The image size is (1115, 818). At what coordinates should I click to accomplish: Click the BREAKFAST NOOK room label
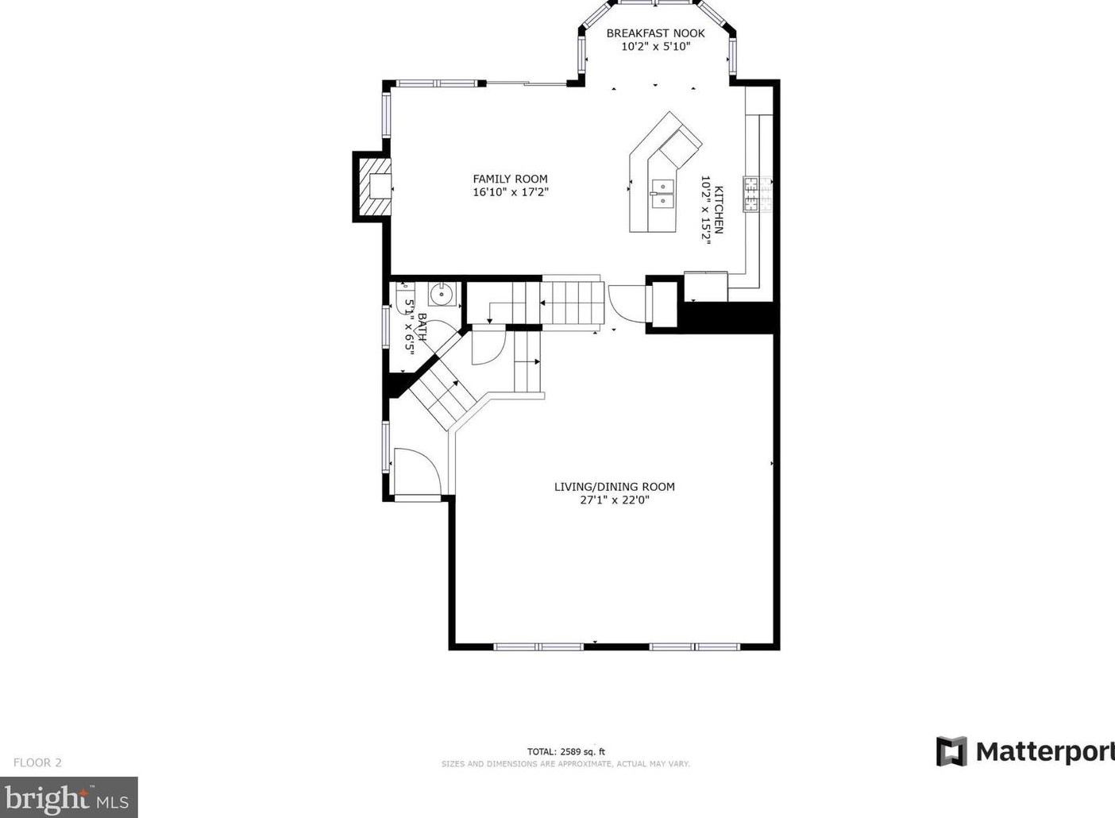pyautogui.click(x=655, y=33)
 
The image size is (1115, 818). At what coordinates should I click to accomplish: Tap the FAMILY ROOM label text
pyautogui.click(x=510, y=179)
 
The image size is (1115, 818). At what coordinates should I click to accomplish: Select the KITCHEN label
pyautogui.click(x=719, y=210)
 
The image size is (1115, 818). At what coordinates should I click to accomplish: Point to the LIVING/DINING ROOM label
pyautogui.click(x=615, y=486)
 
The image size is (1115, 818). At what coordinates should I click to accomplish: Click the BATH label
pyautogui.click(x=422, y=326)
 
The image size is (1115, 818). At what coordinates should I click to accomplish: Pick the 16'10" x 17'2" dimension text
pyautogui.click(x=511, y=192)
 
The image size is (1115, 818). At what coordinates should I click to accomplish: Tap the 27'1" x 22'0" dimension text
pyautogui.click(x=615, y=500)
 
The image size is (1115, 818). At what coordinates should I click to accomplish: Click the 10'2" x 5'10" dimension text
pyautogui.click(x=656, y=47)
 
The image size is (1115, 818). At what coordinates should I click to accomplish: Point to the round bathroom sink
pyautogui.click(x=442, y=294)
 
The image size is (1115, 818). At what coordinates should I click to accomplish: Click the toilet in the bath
pyautogui.click(x=404, y=298)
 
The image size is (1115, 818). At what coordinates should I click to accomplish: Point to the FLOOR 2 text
pyautogui.click(x=37, y=762)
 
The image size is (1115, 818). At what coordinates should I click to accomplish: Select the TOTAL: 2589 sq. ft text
pyautogui.click(x=566, y=752)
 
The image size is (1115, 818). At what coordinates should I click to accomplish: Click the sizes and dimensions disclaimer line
pyautogui.click(x=565, y=764)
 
